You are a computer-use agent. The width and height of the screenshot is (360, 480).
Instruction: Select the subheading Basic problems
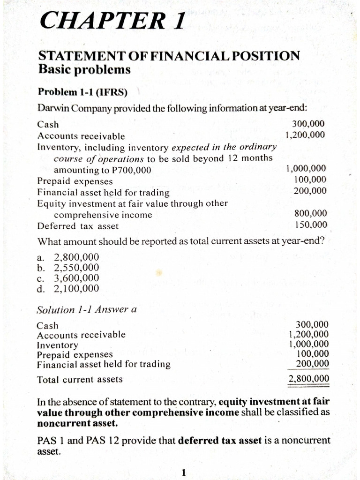[84, 69]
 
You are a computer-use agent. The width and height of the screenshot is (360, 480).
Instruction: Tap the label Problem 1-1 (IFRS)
[82, 91]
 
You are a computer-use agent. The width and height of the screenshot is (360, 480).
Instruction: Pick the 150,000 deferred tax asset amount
[311, 225]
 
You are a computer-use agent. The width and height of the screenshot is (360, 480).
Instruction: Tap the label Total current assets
[80, 379]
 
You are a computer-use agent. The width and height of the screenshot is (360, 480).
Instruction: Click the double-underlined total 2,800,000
[308, 379]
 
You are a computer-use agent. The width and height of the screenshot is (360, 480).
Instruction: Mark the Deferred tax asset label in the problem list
[78, 226]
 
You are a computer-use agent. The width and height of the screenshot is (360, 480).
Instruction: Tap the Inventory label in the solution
[57, 345]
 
